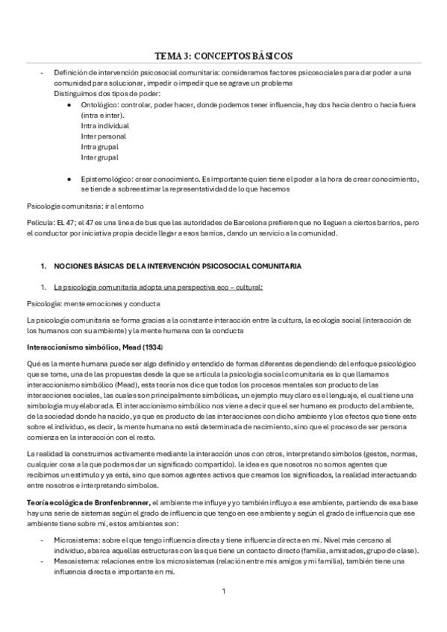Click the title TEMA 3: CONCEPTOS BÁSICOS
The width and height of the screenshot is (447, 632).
pyautogui.click(x=223, y=56)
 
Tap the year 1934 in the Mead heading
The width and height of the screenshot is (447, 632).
pyautogui.click(x=151, y=348)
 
